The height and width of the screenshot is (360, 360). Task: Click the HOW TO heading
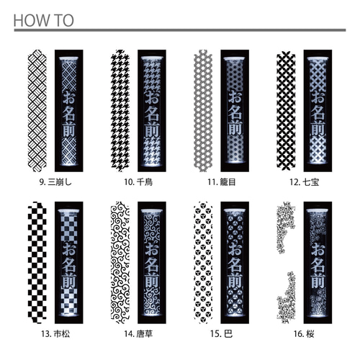(43, 21)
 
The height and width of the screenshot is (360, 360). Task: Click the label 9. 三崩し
(55, 182)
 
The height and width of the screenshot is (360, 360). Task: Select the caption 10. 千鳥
(138, 182)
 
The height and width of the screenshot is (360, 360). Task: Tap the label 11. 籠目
(222, 182)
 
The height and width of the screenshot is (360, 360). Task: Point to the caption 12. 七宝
(305, 182)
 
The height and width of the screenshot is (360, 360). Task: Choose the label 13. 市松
(55, 334)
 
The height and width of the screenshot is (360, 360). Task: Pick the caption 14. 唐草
(138, 334)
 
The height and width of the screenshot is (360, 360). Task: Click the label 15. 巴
(222, 334)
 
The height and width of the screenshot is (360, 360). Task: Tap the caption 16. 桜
(304, 334)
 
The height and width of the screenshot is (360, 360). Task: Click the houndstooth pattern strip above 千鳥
(120, 111)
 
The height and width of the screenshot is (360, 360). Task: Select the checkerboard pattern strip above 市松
(37, 263)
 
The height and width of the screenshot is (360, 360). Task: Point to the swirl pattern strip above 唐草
(120, 263)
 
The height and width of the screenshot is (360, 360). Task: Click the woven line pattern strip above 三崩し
(37, 111)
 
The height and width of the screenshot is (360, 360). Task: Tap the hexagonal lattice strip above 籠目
(203, 111)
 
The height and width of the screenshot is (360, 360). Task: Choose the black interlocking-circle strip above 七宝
(286, 111)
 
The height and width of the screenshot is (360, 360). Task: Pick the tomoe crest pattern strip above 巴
(203, 263)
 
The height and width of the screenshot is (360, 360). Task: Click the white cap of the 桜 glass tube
(318, 211)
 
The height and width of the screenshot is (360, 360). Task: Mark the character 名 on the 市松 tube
(69, 265)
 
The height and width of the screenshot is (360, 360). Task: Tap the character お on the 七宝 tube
(318, 97)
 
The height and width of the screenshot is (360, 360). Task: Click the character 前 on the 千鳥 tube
(152, 129)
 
